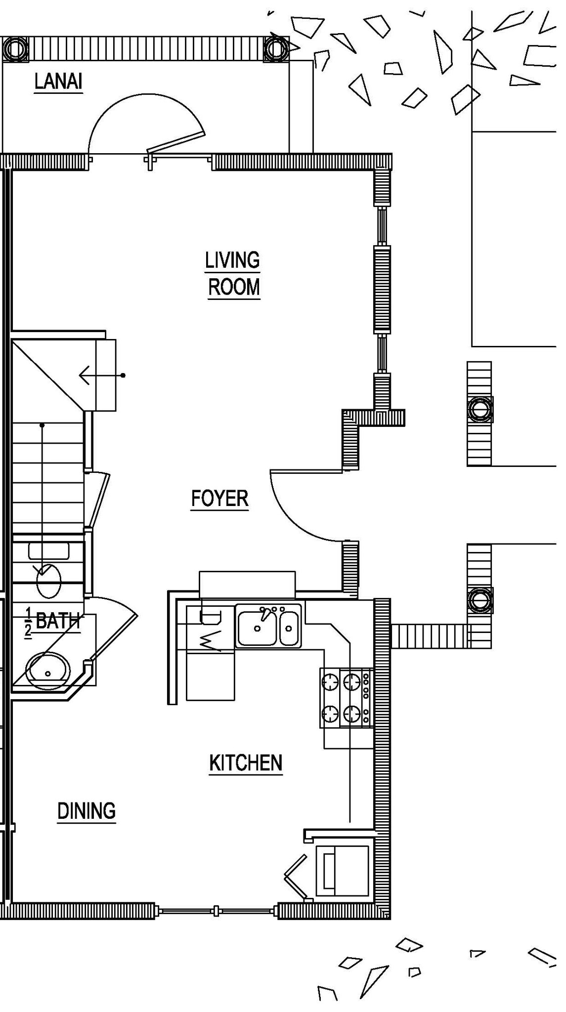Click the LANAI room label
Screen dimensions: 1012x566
(58, 82)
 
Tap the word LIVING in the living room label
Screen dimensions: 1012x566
(232, 260)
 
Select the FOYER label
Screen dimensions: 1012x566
(219, 499)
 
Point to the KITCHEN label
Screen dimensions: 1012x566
(246, 763)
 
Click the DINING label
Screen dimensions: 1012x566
(87, 811)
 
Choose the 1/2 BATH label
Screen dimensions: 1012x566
(52, 621)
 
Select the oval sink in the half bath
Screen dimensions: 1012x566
(48, 671)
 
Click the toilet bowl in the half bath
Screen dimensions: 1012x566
(49, 581)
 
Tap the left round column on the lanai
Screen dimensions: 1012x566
(15, 48)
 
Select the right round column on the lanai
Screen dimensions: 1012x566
(275, 48)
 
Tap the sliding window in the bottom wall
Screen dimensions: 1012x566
(217, 910)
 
